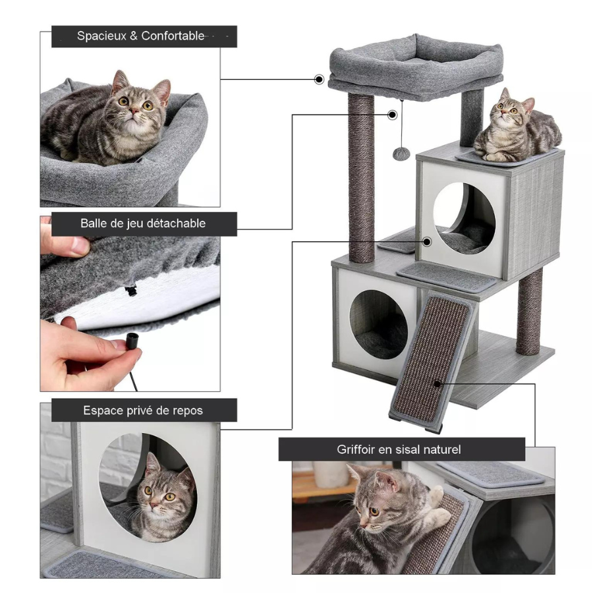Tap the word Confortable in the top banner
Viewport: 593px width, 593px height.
[173, 36]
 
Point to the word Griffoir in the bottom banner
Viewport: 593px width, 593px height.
[354, 449]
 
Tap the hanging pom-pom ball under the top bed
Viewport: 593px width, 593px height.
[400, 153]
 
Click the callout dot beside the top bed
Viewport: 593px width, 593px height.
[319, 80]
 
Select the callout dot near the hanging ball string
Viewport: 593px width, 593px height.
[393, 115]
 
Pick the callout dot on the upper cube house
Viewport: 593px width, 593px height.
[428, 242]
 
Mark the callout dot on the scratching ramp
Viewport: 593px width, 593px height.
[438, 384]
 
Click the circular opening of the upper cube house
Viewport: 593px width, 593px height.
[464, 217]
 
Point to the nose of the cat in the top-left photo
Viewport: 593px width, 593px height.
[134, 111]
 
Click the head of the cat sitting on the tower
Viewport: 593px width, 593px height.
[512, 107]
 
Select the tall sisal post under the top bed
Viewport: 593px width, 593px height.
[362, 177]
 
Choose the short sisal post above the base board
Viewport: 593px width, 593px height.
[529, 311]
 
